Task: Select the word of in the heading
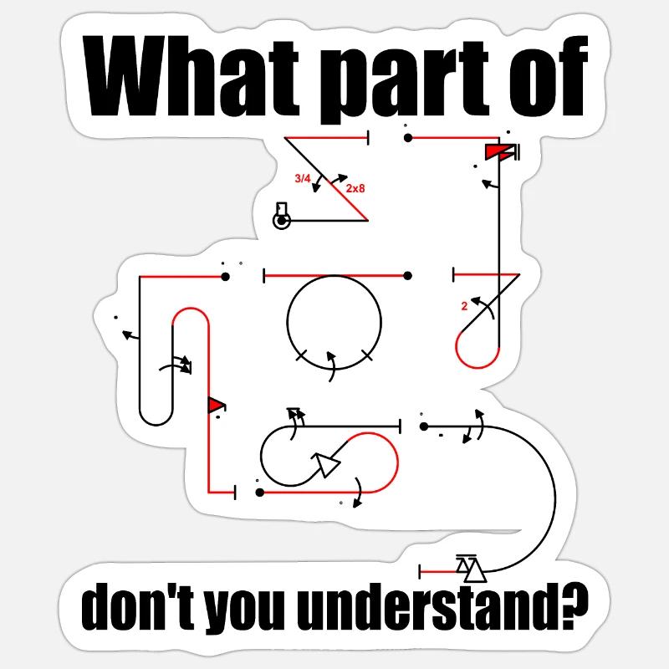[x=549, y=76]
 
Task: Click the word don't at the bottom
[x=137, y=606]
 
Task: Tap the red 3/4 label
[x=303, y=178]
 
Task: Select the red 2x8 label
[x=355, y=188]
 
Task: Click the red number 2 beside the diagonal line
[x=464, y=306]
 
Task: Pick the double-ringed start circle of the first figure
[x=281, y=221]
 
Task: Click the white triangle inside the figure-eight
[x=326, y=464]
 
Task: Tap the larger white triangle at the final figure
[x=475, y=571]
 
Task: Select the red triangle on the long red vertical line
[x=215, y=405]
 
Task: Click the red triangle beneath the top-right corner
[x=495, y=152]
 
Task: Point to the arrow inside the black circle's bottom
[x=331, y=366]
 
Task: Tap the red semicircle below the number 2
[x=477, y=368]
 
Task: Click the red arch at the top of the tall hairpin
[x=191, y=308]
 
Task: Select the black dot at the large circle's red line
[x=407, y=276]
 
